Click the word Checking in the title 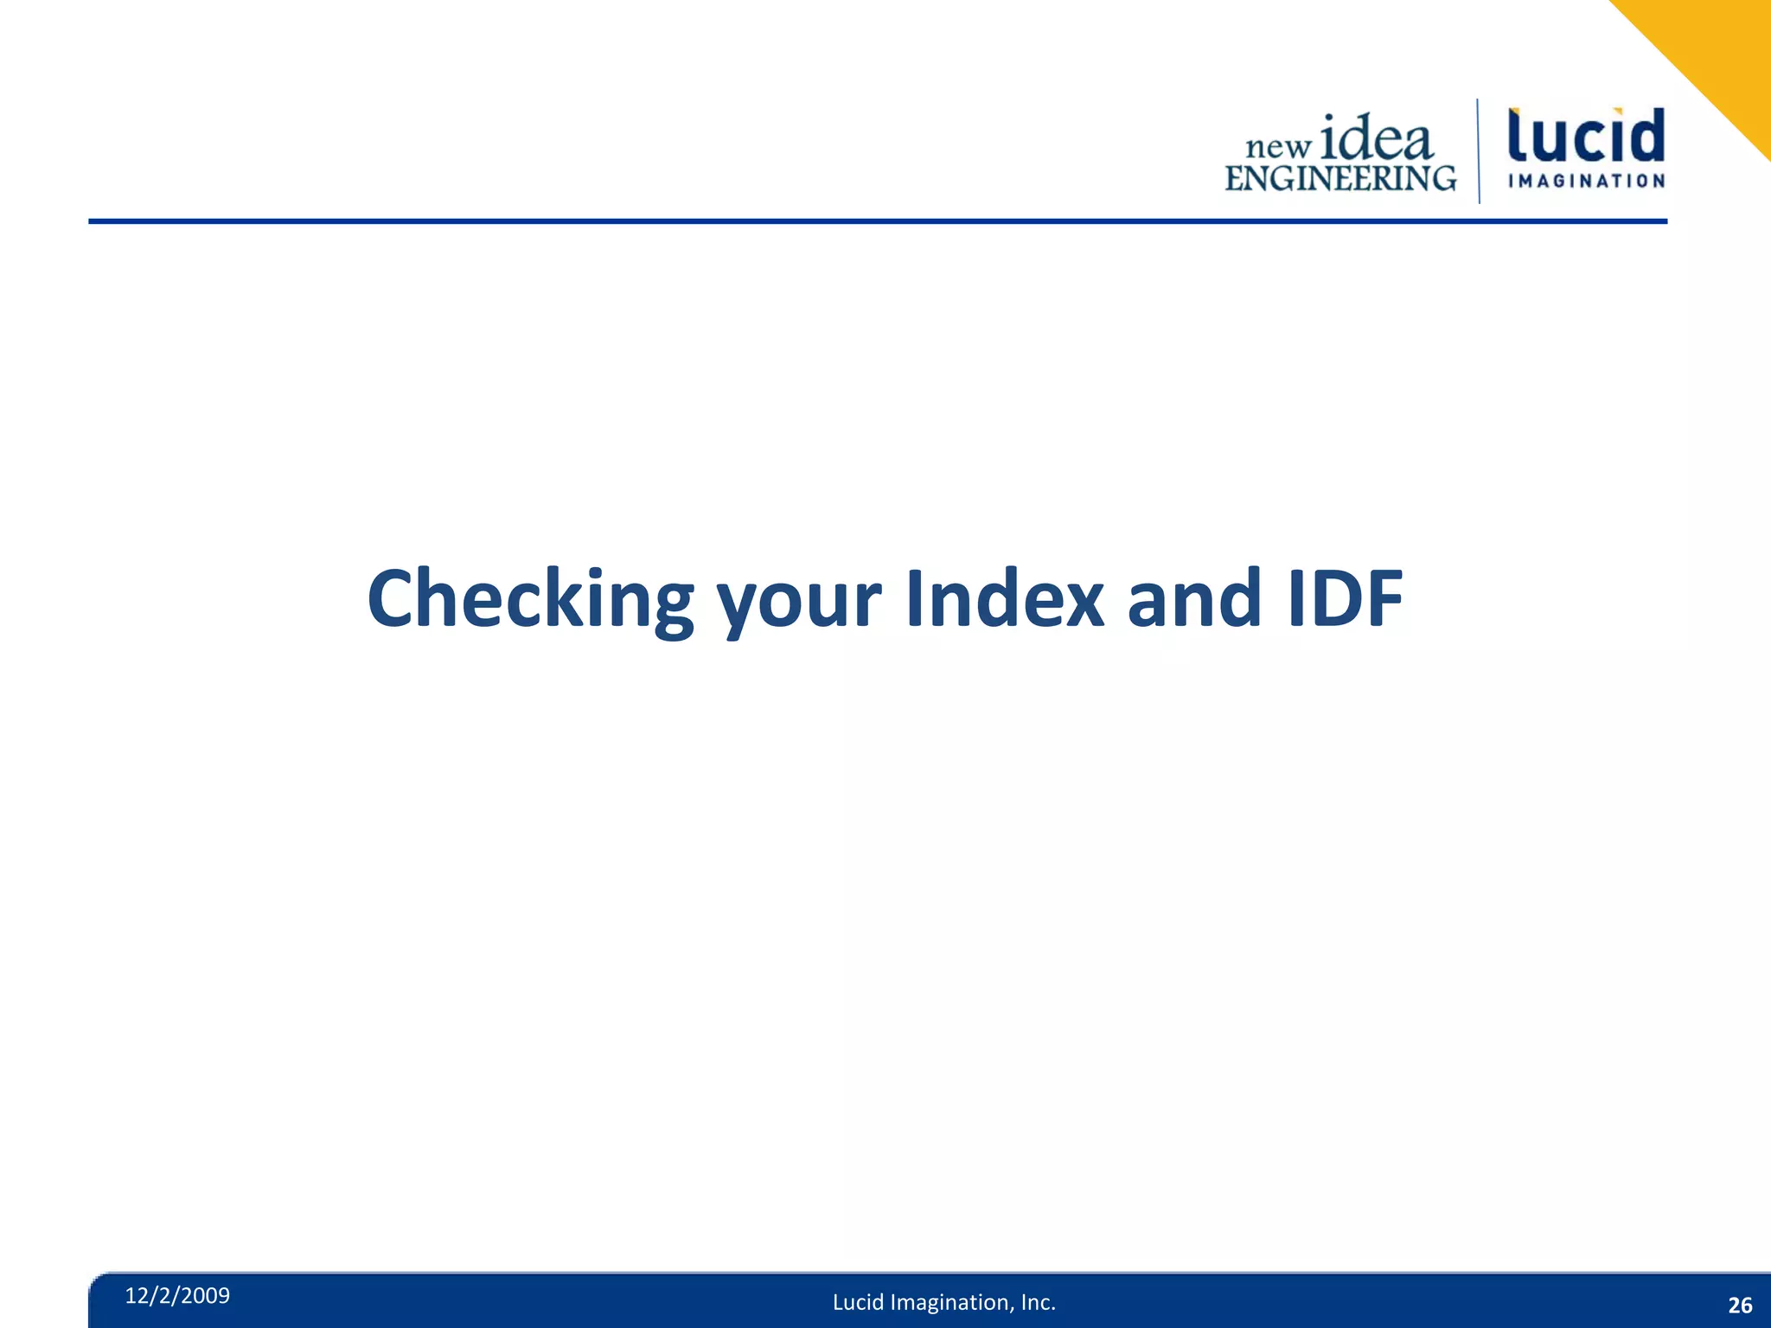point(530,599)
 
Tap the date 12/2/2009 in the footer point(177,1295)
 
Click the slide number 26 point(1740,1306)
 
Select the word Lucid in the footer point(858,1302)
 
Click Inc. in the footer point(1039,1302)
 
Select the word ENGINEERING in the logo point(1339,178)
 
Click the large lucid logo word point(1586,136)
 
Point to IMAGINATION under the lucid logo point(1586,181)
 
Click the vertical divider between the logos point(1478,151)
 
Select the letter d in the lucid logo point(1645,136)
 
